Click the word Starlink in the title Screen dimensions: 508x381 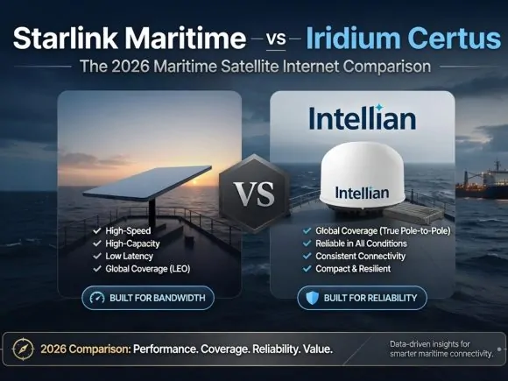(x=66, y=38)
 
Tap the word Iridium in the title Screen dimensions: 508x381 (x=353, y=38)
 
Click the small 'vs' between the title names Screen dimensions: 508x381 (x=277, y=39)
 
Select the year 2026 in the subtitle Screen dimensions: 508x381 (x=131, y=66)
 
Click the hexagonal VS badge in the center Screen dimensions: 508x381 (x=254, y=194)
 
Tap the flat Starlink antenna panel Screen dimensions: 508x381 (x=147, y=182)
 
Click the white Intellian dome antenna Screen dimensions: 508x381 (x=363, y=177)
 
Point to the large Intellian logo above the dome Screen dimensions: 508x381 (x=363, y=117)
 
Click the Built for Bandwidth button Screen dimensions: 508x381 (x=148, y=298)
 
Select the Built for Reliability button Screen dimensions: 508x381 (x=363, y=298)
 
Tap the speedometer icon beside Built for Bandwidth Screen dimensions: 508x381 (x=97, y=298)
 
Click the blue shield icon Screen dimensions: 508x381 (x=313, y=298)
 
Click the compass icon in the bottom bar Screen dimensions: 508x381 (x=23, y=349)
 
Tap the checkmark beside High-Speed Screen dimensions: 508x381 (x=97, y=230)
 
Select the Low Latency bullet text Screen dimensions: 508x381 (x=130, y=257)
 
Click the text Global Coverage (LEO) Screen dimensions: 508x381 (x=148, y=269)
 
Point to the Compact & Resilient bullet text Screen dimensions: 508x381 (x=353, y=269)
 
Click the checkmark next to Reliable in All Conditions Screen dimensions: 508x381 (x=307, y=243)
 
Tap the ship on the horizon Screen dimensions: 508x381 (x=482, y=181)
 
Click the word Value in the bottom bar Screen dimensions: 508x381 (x=318, y=349)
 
